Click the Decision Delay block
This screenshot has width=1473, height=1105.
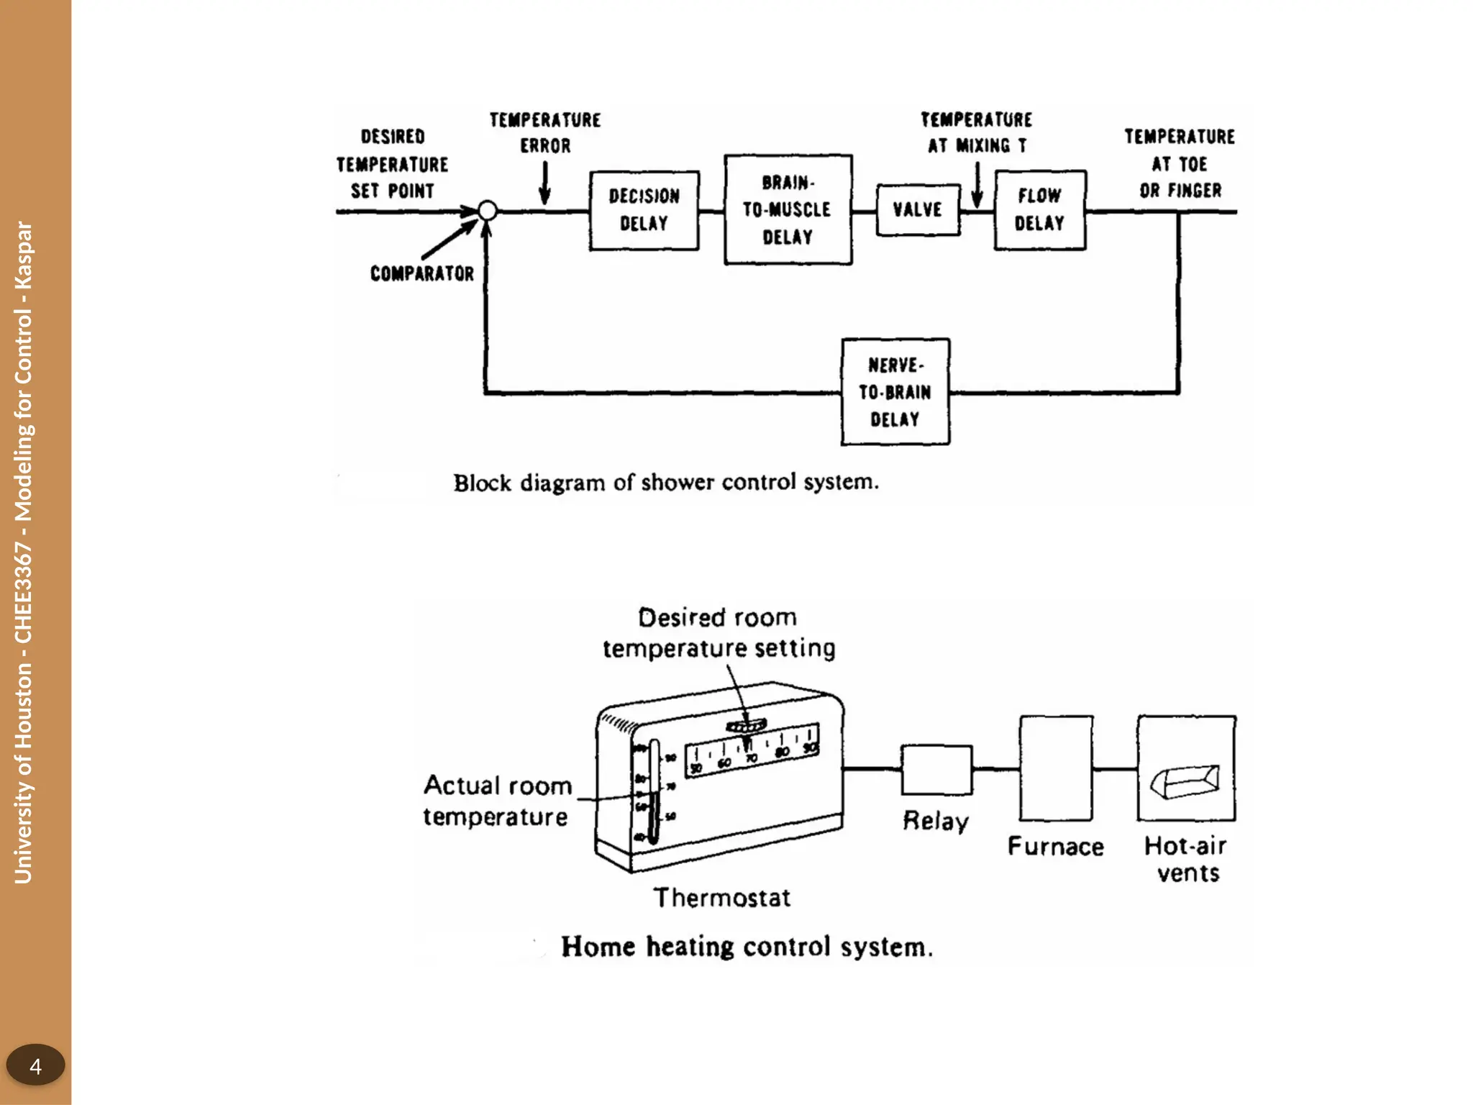pos(644,210)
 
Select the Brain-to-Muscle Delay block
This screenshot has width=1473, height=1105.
pos(788,209)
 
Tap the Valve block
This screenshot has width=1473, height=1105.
pos(918,209)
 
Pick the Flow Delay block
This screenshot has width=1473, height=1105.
pos(1039,209)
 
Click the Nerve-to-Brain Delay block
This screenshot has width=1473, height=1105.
pos(895,392)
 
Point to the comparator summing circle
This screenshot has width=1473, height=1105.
pos(487,211)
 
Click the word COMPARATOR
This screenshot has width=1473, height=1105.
pos(422,273)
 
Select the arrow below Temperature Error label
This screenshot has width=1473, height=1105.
pos(544,183)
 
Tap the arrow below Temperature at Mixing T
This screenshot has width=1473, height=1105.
pos(977,185)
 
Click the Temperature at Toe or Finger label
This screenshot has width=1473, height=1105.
pos(1180,163)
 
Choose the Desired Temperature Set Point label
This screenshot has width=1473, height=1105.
pos(392,164)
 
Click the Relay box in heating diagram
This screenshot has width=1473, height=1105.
pos(936,770)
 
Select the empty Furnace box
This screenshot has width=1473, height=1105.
pos(1056,768)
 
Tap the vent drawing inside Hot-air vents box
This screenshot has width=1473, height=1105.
pos(1186,781)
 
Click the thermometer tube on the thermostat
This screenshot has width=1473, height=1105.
pos(654,791)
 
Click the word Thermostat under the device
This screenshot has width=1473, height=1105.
pos(721,898)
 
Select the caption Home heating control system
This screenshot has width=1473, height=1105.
pos(747,947)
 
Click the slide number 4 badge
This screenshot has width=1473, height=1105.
pos(35,1065)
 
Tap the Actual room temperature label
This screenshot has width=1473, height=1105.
pos(497,801)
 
